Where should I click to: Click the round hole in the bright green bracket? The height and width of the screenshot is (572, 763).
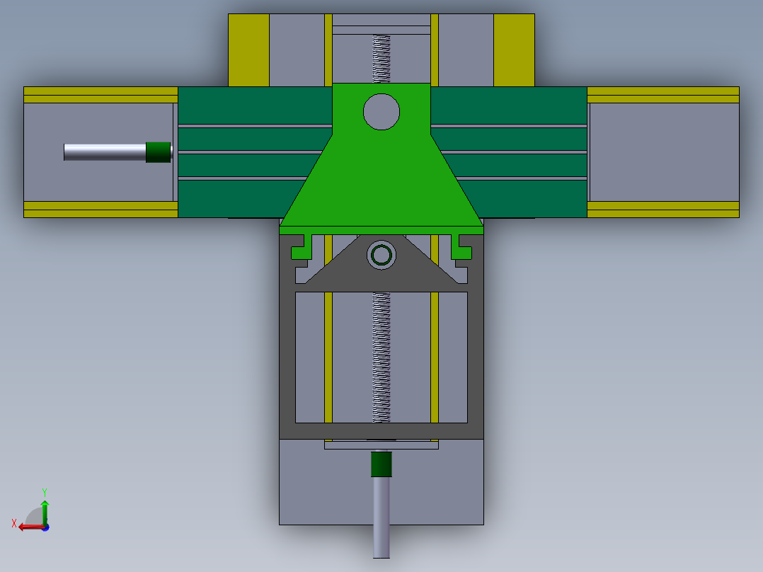point(381,112)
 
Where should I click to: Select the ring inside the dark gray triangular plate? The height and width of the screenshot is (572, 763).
point(381,255)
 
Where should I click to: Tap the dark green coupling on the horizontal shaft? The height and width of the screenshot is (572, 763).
point(159,152)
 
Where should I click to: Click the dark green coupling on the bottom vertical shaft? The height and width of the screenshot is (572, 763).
point(381,464)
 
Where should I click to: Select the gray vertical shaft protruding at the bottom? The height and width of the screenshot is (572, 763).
point(381,517)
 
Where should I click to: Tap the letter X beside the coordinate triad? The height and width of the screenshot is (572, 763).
point(14,524)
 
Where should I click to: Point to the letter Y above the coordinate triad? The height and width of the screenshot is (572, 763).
point(45,491)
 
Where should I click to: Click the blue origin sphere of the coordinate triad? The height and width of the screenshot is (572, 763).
point(45,527)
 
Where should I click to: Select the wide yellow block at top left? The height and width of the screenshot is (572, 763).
point(248,50)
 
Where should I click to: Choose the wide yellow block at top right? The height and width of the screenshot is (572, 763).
point(513,50)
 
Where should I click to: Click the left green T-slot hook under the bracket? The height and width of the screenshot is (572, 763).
point(302,246)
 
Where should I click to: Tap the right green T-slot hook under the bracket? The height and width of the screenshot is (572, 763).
point(461,246)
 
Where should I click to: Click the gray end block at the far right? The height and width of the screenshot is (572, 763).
point(663,152)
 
